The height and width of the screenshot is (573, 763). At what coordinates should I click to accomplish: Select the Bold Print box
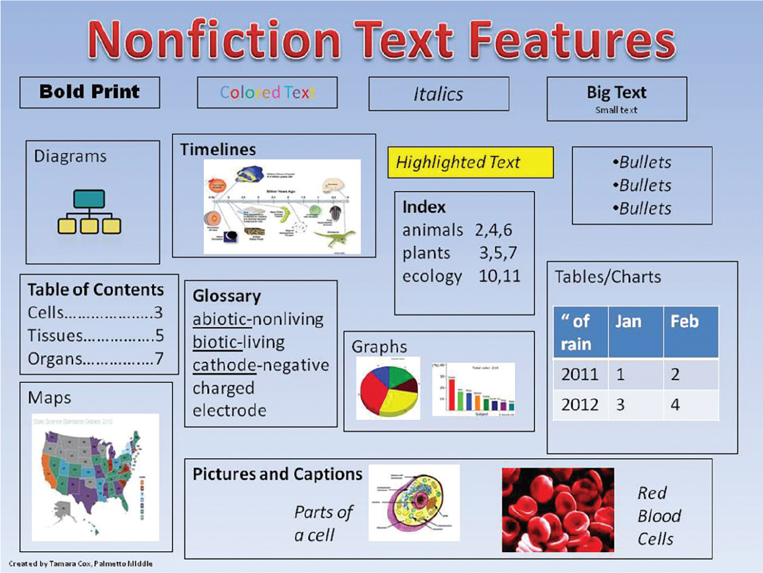tap(90, 92)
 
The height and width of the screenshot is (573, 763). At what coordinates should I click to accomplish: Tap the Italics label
tap(438, 94)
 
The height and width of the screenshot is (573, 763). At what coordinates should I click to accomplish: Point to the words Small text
tap(616, 110)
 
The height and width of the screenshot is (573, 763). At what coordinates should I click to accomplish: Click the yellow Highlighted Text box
tap(470, 162)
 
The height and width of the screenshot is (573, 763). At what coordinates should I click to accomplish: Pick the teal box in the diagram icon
tap(89, 199)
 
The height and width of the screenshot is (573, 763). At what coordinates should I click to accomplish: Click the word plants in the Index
tap(426, 253)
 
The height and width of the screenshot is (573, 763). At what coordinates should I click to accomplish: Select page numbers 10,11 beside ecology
tap(499, 276)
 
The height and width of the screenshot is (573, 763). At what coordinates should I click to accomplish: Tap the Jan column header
tap(628, 321)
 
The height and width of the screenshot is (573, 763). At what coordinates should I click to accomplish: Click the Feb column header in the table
tap(684, 321)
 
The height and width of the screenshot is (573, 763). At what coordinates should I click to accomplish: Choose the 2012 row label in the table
tap(579, 404)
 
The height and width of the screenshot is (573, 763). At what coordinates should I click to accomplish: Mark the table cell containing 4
tap(676, 404)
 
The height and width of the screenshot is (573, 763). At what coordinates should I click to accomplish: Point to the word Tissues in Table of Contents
tap(55, 335)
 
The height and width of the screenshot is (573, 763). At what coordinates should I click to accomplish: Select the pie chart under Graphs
tap(388, 388)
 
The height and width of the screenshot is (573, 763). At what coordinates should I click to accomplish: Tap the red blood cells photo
tap(558, 510)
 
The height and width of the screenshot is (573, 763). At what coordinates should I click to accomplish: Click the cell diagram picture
tap(414, 503)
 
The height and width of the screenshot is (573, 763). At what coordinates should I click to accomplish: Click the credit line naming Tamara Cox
tap(81, 564)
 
